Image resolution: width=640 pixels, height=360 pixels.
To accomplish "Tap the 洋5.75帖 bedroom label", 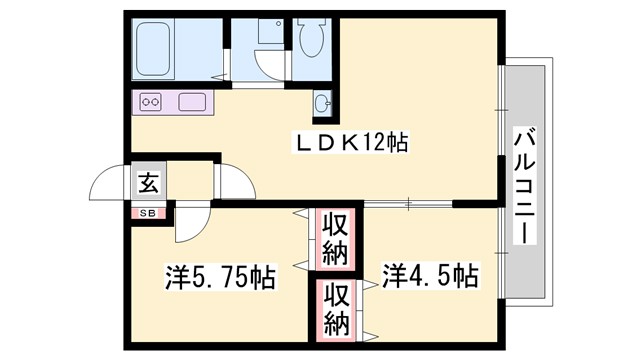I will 220,275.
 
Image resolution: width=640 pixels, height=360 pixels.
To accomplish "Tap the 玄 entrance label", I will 147,183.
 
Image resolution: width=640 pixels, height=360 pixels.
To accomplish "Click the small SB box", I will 147,212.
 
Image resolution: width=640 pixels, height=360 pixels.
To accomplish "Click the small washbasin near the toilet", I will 323,102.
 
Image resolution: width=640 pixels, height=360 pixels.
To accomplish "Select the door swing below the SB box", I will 190,225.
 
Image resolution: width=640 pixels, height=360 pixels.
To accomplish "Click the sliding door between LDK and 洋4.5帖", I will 409,204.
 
